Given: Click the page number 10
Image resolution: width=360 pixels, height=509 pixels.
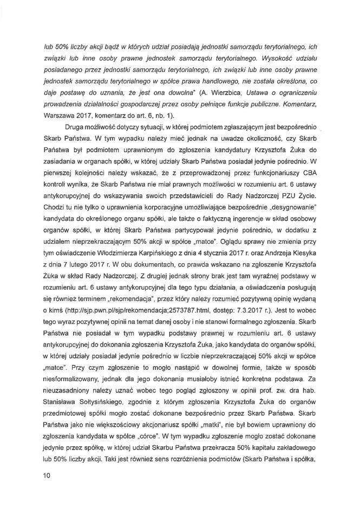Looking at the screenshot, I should pyautogui.click(x=47, y=475).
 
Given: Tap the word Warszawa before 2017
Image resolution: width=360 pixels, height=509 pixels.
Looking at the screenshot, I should pyautogui.click(x=60, y=116).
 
